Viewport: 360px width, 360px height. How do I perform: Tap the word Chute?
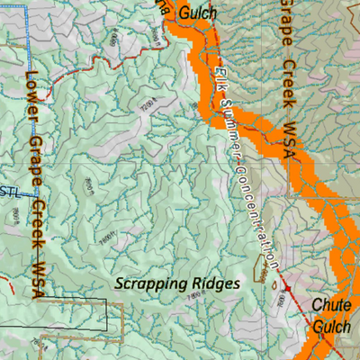pos(330,306)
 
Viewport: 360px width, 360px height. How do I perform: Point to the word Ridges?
pos(218,283)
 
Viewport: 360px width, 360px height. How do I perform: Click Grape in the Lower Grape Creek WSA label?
pos(36,148)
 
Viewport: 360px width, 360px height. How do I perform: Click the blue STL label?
pos(10,190)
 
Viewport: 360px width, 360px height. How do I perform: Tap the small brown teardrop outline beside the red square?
pos(270,282)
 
